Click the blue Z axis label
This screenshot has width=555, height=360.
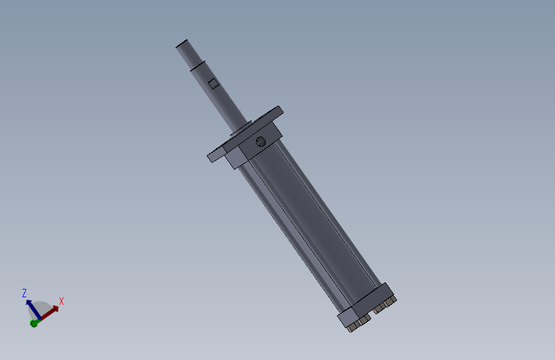24,293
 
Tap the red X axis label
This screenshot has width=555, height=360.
61,300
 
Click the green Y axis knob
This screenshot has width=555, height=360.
33,323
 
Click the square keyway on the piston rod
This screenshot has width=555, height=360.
214,83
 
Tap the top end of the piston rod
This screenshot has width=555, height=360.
182,44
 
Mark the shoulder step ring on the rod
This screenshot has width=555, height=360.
198,65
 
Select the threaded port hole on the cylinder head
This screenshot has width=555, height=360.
261,142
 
